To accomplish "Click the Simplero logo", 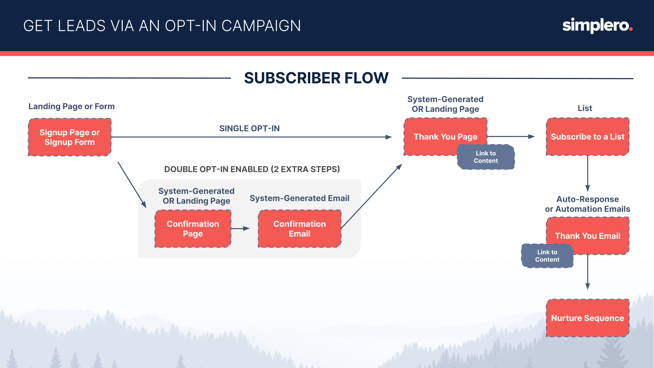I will tap(597, 26).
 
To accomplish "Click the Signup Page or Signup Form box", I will tap(70, 137).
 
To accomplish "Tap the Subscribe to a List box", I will tap(587, 137).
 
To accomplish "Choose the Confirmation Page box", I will tap(193, 228).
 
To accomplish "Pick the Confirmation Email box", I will tap(300, 228).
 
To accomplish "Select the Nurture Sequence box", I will tap(587, 318).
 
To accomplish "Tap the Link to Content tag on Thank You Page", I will tap(486, 157).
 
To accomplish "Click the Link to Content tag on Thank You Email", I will tap(547, 256).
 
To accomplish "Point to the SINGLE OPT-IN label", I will tap(249, 129).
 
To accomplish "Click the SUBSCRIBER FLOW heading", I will tap(316, 78).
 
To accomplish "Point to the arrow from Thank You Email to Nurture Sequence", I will tap(588, 272).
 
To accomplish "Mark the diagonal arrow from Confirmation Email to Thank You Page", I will tap(371, 196).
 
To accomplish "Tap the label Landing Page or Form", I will tap(71, 106).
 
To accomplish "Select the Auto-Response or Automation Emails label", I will tap(587, 204).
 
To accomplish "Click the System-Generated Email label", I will tap(299, 198).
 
